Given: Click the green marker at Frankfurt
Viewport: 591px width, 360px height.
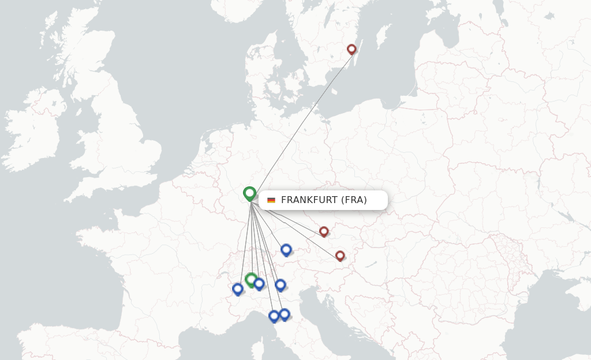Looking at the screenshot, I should pyautogui.click(x=249, y=193).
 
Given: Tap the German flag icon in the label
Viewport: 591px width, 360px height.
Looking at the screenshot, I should pyautogui.click(x=271, y=200).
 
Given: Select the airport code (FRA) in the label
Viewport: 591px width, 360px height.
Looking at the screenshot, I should pyautogui.click(x=354, y=200).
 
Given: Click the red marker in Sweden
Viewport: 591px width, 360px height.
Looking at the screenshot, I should pyautogui.click(x=351, y=49).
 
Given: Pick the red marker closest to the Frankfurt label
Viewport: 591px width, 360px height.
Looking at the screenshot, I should pyautogui.click(x=324, y=231).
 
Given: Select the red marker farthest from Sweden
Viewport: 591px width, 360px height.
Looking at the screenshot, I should pyautogui.click(x=340, y=255).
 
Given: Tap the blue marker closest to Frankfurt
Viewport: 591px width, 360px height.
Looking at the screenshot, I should pyautogui.click(x=286, y=249).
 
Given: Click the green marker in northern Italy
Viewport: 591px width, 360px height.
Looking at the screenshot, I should pyautogui.click(x=250, y=279).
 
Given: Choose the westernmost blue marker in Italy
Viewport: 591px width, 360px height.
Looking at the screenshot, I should pyautogui.click(x=237, y=288).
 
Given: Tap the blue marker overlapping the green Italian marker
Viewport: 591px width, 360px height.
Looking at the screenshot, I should pyautogui.click(x=259, y=283).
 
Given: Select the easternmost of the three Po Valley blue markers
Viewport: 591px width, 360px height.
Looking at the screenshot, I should pyautogui.click(x=280, y=284).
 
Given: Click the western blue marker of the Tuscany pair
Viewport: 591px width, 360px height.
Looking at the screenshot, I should pyautogui.click(x=274, y=316).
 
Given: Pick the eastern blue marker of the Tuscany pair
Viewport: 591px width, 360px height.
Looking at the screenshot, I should pyautogui.click(x=285, y=314).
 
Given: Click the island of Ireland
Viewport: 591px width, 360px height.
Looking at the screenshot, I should pyautogui.click(x=35, y=138).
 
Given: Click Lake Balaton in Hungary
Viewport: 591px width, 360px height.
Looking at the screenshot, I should pyautogui.click(x=370, y=265).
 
